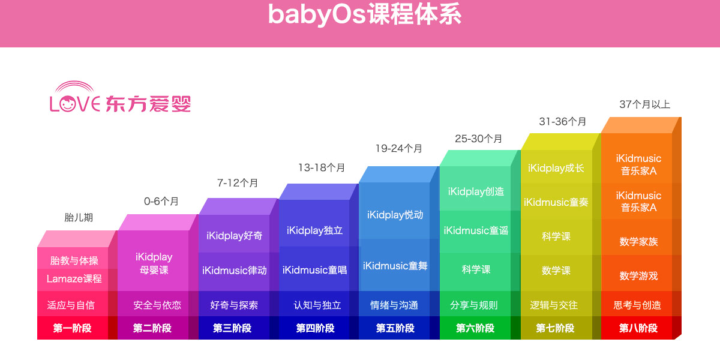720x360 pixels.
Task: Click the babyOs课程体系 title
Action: tap(365, 14)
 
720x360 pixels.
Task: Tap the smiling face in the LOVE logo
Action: tap(67, 103)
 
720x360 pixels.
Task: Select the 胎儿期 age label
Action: tap(79, 217)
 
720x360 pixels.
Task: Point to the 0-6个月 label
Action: tap(161, 201)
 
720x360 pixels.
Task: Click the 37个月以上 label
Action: tap(644, 104)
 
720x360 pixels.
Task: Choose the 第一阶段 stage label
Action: tap(73, 328)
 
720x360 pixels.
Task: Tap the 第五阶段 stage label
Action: tap(395, 328)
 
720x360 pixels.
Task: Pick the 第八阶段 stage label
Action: tap(638, 328)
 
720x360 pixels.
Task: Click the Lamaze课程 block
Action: tap(74, 278)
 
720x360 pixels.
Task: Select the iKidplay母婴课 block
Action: tap(154, 263)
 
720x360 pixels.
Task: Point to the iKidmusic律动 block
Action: tap(235, 270)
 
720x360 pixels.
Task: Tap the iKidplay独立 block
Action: tap(314, 230)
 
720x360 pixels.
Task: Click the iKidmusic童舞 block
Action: tap(395, 266)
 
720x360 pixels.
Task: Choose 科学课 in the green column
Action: tap(476, 269)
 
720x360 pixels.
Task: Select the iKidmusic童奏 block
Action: tap(556, 202)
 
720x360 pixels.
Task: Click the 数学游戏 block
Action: tap(638, 276)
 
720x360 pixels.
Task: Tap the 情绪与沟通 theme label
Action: tap(394, 305)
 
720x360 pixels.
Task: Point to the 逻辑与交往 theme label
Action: tap(554, 305)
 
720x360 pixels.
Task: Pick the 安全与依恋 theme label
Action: tap(157, 305)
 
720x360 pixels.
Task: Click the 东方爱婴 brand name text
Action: tap(148, 103)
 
